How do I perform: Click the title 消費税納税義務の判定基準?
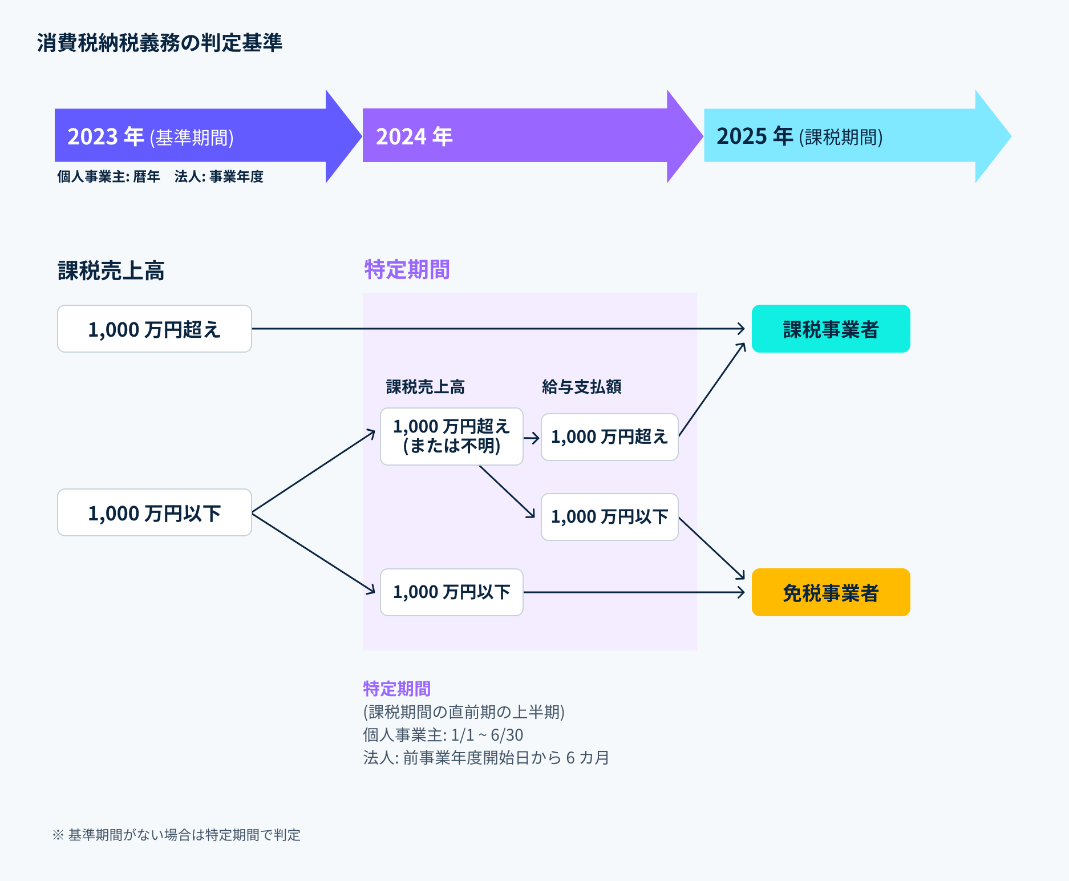click(x=159, y=43)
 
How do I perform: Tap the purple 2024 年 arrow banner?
click(x=513, y=136)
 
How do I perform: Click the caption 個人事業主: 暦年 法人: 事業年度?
click(x=160, y=177)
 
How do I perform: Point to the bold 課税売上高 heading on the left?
click(x=111, y=270)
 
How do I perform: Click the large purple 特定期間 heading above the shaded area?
click(x=407, y=269)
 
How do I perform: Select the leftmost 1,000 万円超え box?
click(x=154, y=329)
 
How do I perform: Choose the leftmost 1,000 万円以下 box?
click(x=154, y=513)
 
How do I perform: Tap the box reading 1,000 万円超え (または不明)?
click(x=451, y=437)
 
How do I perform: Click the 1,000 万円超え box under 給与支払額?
click(x=609, y=437)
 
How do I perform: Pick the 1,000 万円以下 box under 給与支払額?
click(x=609, y=517)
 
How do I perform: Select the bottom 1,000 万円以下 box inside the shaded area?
click(x=451, y=592)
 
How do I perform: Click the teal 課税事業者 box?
click(x=831, y=329)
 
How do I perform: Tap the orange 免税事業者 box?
click(x=831, y=592)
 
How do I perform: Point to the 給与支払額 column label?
click(x=581, y=387)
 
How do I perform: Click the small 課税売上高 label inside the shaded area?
click(x=425, y=387)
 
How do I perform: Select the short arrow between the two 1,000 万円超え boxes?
click(x=532, y=438)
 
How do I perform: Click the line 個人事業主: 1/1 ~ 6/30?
click(x=443, y=735)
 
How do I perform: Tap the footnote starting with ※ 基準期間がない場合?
click(x=176, y=835)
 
